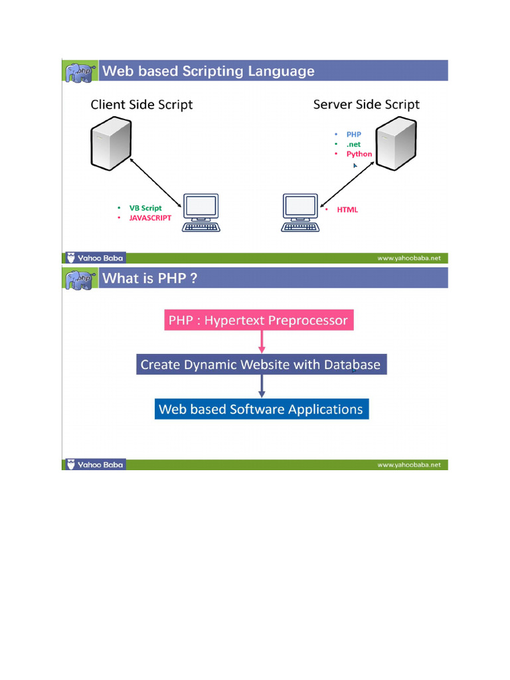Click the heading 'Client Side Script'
click(141, 104)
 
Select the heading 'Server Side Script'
click(366, 104)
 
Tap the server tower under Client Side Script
click(110, 142)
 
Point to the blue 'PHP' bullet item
click(353, 134)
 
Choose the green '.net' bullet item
click(353, 144)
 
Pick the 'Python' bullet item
click(359, 154)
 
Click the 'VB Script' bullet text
click(145, 208)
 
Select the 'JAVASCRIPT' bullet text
click(150, 218)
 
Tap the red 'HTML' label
click(347, 210)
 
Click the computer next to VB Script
click(202, 213)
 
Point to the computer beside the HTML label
click(300, 213)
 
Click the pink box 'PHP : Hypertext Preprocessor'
click(258, 321)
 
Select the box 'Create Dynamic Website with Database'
click(260, 365)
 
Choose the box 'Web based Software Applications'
click(261, 409)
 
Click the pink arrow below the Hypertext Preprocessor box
click(262, 342)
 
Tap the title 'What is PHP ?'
click(149, 278)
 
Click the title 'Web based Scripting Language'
click(208, 71)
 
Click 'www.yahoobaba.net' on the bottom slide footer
click(408, 466)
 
